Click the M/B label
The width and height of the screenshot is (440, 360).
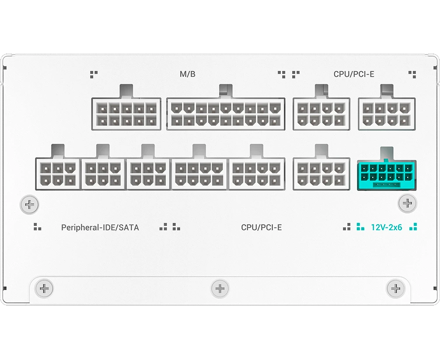click(188, 74)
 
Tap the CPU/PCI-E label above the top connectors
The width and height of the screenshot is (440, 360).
click(354, 74)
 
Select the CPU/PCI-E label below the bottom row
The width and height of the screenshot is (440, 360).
click(261, 227)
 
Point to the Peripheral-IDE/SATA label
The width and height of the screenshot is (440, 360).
click(100, 227)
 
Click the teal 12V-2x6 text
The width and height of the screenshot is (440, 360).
click(386, 227)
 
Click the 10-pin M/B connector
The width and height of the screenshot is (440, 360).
click(126, 114)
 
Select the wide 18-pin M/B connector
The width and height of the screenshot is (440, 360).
click(226, 114)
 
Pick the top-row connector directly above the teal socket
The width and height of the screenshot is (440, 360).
click(387, 114)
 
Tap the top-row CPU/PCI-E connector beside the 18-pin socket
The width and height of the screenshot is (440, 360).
click(321, 114)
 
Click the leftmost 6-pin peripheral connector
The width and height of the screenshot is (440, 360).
click(58, 174)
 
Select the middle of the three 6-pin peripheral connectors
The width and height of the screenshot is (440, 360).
click(103, 174)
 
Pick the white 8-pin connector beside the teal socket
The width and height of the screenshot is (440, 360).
click(321, 174)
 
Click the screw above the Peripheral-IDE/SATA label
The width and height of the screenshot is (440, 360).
click(30, 204)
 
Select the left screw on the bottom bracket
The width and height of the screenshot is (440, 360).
click(44, 288)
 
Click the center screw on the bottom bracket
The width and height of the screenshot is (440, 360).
click(220, 288)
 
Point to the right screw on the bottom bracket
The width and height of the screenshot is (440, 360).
click(396, 288)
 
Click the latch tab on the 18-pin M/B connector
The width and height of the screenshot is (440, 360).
click(226, 91)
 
